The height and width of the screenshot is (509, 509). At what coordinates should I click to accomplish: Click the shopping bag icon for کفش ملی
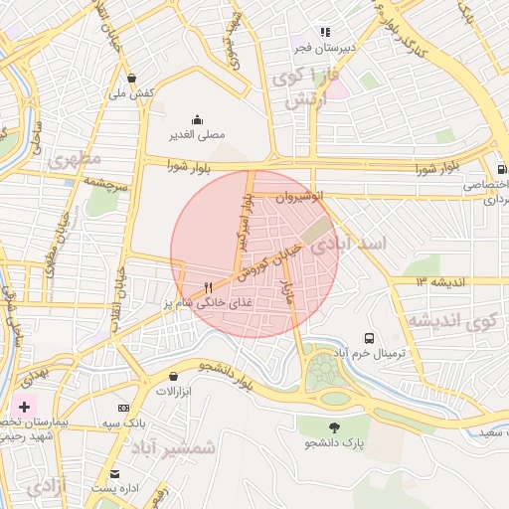[133, 77]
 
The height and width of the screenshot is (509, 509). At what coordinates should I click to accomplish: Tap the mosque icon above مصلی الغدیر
[196, 118]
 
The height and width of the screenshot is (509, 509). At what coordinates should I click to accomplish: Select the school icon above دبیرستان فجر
[325, 32]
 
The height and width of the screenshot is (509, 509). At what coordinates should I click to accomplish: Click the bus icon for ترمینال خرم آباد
[370, 338]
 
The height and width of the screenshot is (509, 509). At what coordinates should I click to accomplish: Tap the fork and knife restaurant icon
[208, 286]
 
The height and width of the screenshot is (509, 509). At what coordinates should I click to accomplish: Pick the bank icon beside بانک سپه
[123, 408]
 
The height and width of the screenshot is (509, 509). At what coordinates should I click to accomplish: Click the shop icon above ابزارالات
[175, 377]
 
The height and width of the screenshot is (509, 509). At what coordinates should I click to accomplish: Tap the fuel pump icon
[502, 168]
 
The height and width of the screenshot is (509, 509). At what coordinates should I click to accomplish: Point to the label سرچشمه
[105, 185]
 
